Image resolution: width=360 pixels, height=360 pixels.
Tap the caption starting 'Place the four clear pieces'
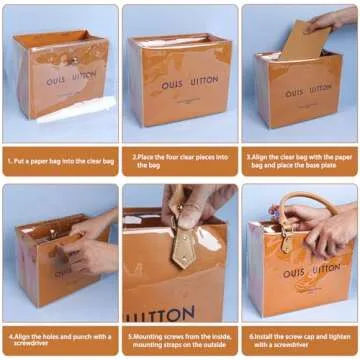coord(180,159)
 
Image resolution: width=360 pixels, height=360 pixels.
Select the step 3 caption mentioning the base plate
coord(299,159)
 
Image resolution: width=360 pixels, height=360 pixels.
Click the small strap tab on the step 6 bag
coord(287,242)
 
